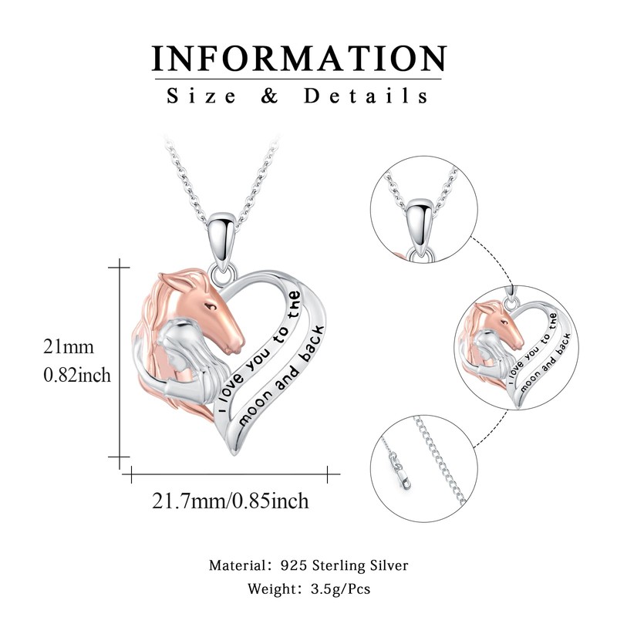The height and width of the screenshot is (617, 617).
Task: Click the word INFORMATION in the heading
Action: [299, 59]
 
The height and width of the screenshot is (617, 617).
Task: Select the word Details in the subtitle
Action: [366, 96]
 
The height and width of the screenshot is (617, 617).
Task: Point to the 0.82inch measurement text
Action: [77, 376]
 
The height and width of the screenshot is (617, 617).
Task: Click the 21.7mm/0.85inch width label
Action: [231, 501]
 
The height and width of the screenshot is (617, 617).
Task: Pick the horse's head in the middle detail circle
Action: [498, 323]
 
